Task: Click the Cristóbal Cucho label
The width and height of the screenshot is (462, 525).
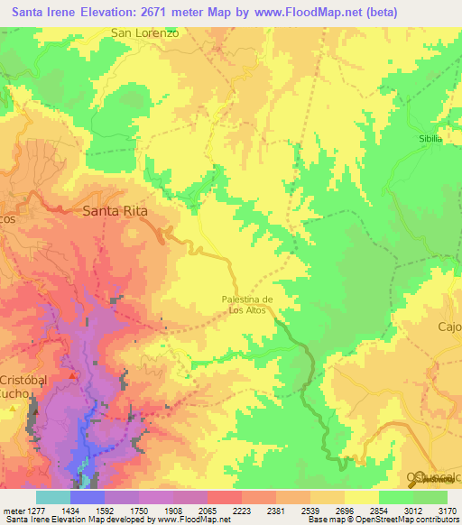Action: coord(35,387)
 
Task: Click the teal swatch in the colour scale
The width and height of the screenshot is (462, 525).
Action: coord(52,497)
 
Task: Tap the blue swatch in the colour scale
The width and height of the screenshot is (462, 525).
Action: coord(87,497)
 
